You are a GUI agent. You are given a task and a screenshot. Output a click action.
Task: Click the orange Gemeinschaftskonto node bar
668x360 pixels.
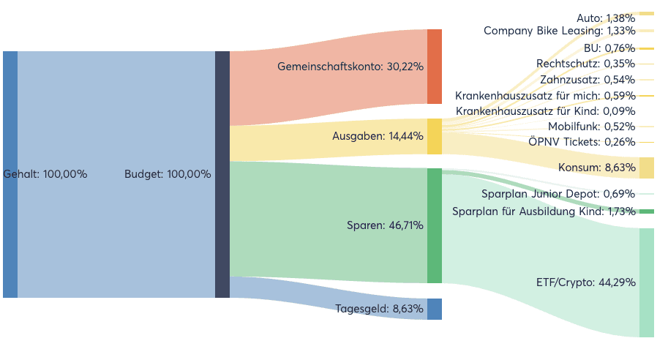tap(435, 67)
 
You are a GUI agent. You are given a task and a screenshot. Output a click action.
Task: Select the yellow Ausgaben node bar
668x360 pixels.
tap(435, 136)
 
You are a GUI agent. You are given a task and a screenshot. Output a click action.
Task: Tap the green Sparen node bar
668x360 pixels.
tap(435, 225)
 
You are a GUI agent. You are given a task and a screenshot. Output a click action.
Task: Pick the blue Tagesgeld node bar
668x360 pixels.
tap(435, 309)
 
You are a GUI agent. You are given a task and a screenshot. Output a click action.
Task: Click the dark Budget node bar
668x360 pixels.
tap(222, 174)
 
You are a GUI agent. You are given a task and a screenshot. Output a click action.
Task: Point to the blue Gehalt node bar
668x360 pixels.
tap(10, 174)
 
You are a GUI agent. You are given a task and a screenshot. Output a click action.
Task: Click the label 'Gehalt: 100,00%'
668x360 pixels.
tap(45, 174)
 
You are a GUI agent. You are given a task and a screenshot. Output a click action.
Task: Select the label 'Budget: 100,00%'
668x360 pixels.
tap(168, 174)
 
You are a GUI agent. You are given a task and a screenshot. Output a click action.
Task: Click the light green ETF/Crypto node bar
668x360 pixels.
tap(647, 282)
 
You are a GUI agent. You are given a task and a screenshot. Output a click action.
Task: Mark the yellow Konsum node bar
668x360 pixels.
tap(647, 168)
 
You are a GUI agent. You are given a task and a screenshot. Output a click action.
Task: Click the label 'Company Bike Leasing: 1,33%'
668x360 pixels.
tap(560, 31)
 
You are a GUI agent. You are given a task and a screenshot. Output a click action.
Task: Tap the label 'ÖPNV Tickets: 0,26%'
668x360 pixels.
tap(582, 142)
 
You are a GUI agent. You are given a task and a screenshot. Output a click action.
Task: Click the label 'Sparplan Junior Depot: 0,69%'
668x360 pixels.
tap(558, 194)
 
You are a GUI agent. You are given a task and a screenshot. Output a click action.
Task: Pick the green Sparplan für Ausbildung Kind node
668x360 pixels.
tap(647, 211)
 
